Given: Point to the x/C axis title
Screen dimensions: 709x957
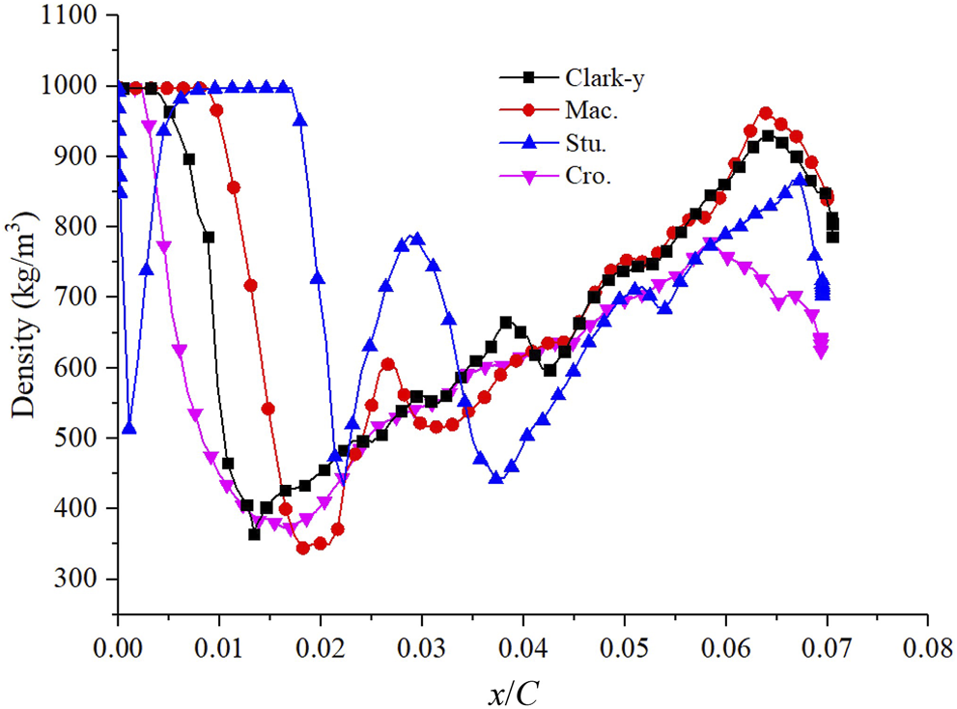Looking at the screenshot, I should point(521,689).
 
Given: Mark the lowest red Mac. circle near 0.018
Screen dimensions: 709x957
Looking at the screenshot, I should point(302,548).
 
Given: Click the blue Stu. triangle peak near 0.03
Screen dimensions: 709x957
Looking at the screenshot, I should point(417,238).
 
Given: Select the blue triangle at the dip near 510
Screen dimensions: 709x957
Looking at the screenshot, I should point(129,429).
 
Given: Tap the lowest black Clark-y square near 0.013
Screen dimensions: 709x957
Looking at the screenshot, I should point(254,533).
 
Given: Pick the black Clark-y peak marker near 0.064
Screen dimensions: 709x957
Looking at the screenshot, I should point(768,136).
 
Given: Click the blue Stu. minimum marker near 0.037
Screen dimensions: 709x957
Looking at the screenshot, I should point(496,477).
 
